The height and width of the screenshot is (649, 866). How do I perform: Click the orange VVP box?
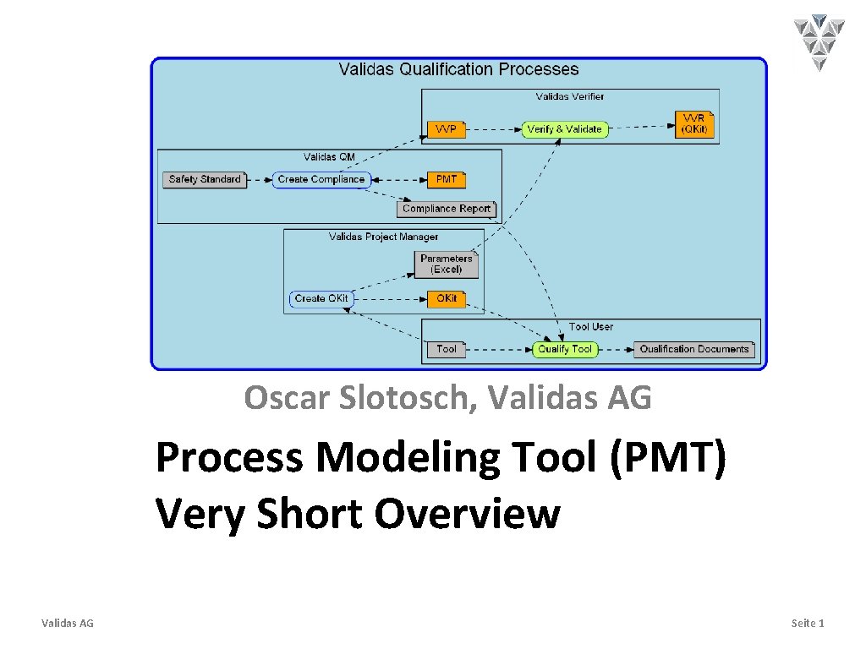446,129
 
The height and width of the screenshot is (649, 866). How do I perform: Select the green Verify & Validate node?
564,129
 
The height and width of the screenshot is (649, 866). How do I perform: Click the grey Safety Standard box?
205,179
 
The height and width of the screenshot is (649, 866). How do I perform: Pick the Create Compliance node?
321,179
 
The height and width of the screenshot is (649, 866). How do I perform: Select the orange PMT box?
446,179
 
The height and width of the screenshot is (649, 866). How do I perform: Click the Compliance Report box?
447,209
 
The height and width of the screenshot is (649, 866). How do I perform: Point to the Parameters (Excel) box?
447,265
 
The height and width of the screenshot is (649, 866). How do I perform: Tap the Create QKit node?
321,298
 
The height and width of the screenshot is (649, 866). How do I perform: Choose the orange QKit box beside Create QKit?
447,298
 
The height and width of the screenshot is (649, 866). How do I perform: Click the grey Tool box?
446,349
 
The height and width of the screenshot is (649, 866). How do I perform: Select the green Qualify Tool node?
565,349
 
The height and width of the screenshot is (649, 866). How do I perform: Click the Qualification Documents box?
694,349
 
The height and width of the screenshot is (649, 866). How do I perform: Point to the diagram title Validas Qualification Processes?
458,69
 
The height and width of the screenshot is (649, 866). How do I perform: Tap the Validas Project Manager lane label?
383,237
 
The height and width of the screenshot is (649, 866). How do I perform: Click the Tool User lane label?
591,326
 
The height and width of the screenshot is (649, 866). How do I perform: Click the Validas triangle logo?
819,41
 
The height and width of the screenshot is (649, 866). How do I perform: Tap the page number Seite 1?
807,623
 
